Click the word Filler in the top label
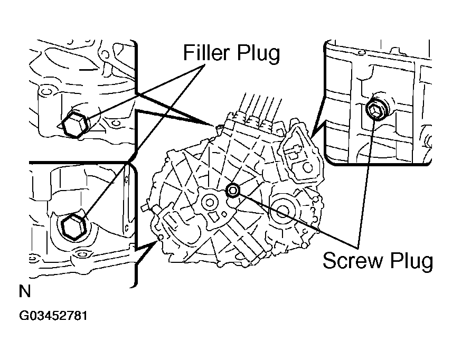point(209,53)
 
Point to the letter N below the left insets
point(24,291)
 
